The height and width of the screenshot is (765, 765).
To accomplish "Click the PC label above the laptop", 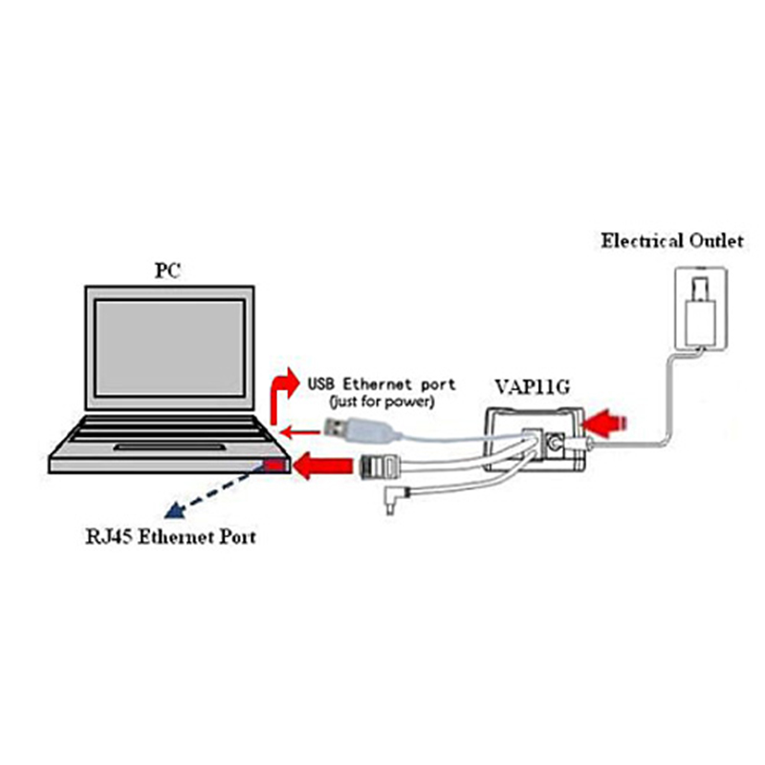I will click(168, 271).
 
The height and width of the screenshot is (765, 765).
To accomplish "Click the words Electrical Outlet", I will click(671, 241).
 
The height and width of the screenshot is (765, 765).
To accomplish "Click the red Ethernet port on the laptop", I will click(273, 465).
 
